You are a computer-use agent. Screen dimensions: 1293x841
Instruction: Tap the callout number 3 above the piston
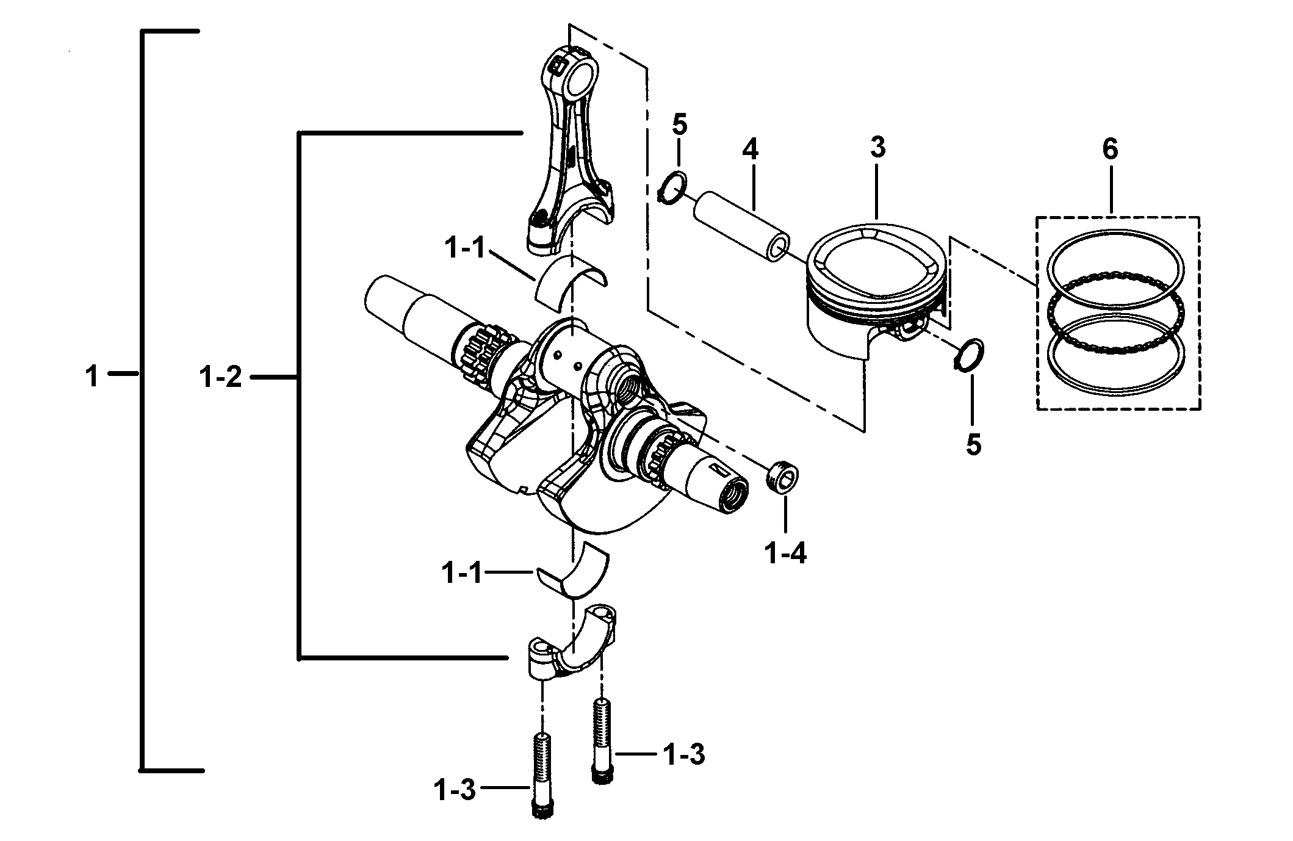click(x=877, y=147)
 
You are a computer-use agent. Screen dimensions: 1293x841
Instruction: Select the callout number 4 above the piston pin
click(x=750, y=150)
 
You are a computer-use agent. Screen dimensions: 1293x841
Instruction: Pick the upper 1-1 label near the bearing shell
click(x=464, y=249)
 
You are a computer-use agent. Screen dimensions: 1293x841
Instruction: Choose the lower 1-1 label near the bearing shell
click(x=462, y=574)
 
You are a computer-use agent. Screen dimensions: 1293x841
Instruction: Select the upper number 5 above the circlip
click(x=679, y=125)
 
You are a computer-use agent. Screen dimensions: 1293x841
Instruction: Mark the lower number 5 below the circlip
click(x=973, y=445)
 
